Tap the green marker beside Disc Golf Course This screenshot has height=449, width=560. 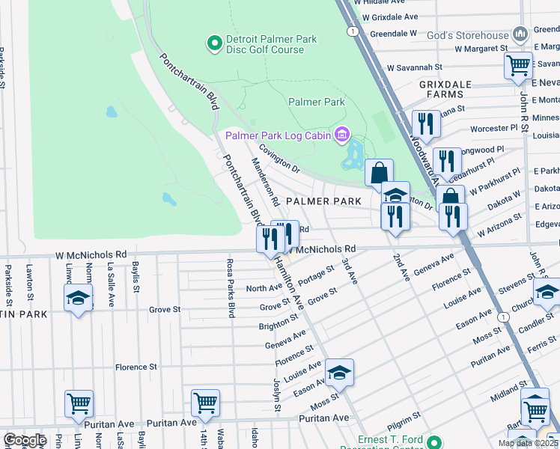coord(213,44)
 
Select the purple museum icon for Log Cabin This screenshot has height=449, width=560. coord(342,135)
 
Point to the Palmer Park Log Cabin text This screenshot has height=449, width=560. coord(278,135)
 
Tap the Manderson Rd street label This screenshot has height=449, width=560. coord(264,182)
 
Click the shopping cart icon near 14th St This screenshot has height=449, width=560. coord(204,403)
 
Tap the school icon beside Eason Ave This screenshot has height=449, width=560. coord(338,372)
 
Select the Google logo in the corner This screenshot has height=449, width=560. coord(25,440)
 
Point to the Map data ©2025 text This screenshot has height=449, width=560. coord(527,443)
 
